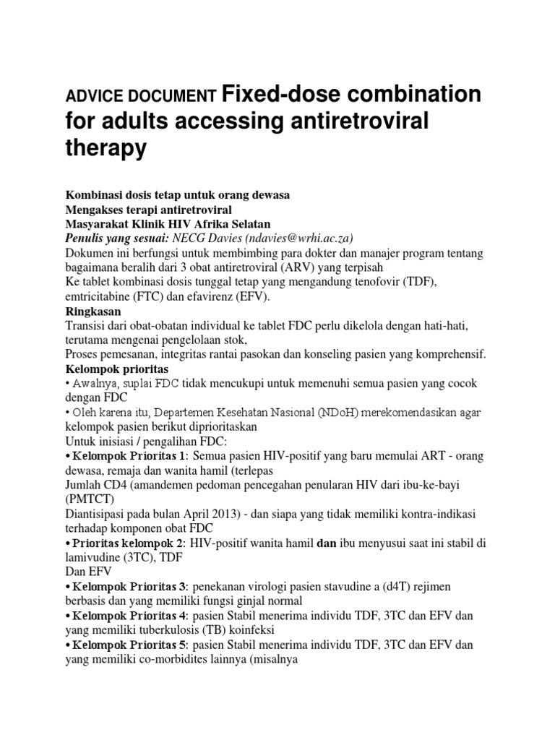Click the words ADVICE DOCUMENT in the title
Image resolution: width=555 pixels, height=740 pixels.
[141, 95]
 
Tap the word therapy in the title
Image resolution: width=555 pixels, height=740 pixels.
[106, 148]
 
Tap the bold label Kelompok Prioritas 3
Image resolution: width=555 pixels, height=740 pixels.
[128, 586]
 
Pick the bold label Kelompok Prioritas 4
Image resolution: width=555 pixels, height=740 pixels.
[128, 615]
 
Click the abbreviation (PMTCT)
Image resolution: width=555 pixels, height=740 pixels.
[91, 499]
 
